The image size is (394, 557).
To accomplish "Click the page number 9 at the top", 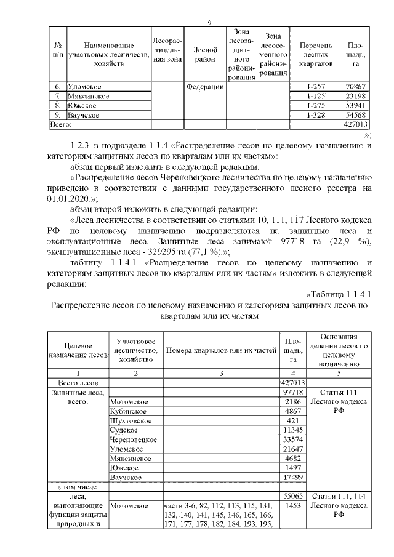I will [x=210, y=23].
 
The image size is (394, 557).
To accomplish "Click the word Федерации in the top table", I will [x=205, y=87].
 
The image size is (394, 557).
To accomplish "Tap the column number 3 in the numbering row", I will [x=221, y=373].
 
